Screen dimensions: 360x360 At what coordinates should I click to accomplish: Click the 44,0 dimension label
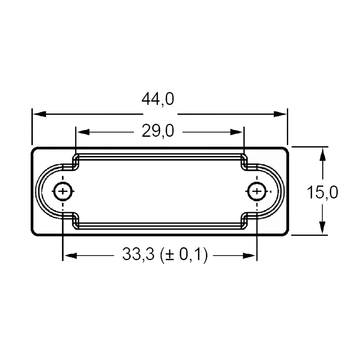click(158, 99)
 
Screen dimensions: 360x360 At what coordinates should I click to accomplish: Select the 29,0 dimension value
click(158, 131)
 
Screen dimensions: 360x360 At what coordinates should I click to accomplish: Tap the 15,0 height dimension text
click(322, 192)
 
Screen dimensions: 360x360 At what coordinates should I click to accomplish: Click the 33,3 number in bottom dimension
click(138, 254)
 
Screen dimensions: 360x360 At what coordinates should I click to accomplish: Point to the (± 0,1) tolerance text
click(184, 255)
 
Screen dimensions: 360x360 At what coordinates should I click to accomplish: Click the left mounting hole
click(63, 191)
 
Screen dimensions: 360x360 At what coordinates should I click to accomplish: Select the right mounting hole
click(257, 191)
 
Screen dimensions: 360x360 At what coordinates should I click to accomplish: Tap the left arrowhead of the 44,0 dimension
click(39, 114)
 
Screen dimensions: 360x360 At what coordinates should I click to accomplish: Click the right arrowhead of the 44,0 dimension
click(280, 114)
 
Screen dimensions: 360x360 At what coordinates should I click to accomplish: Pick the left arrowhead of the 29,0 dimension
click(83, 132)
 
